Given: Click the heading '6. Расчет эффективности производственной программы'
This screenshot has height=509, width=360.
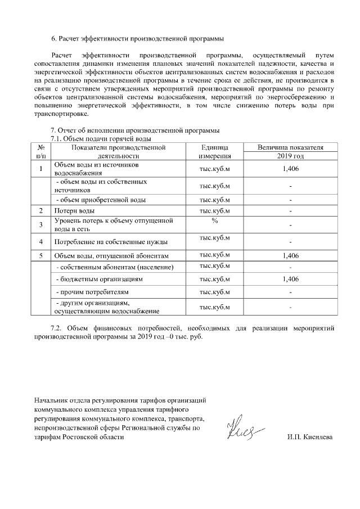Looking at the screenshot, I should click(137, 39).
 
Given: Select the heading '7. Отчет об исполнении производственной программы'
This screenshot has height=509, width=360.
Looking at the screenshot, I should click(135, 131).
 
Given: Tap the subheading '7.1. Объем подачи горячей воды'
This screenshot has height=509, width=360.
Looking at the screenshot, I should click(102, 138).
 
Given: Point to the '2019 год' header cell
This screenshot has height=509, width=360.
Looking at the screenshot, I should click(290, 156).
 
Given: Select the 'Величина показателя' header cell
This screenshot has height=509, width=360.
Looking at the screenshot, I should click(290, 147).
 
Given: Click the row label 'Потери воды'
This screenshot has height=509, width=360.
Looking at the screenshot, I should click(74, 211).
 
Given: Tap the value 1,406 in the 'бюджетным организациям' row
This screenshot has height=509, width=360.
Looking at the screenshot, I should click(290, 279).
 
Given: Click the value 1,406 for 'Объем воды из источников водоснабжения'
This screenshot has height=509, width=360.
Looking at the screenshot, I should click(290, 169).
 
